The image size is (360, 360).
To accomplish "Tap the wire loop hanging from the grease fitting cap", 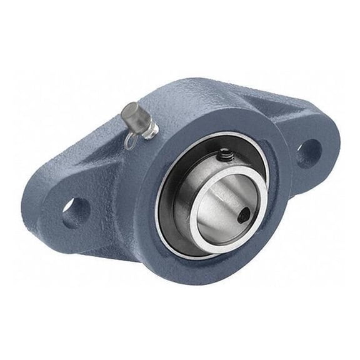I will point(129,142).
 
